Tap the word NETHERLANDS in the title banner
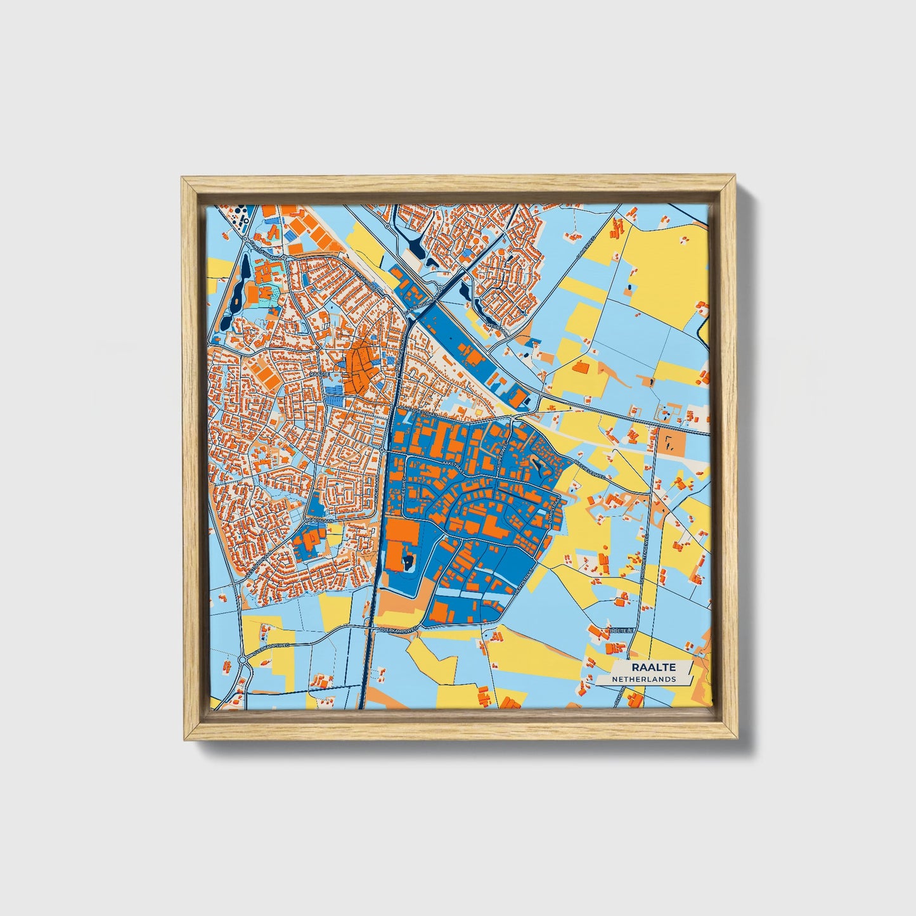(x=643, y=679)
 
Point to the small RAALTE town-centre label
(x=321, y=375)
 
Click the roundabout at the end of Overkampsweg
(x=243, y=661)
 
